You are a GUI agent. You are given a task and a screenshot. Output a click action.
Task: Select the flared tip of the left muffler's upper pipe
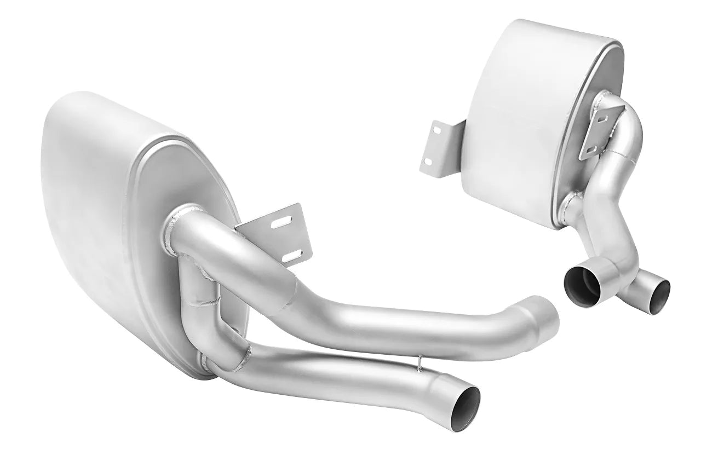[542, 313]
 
